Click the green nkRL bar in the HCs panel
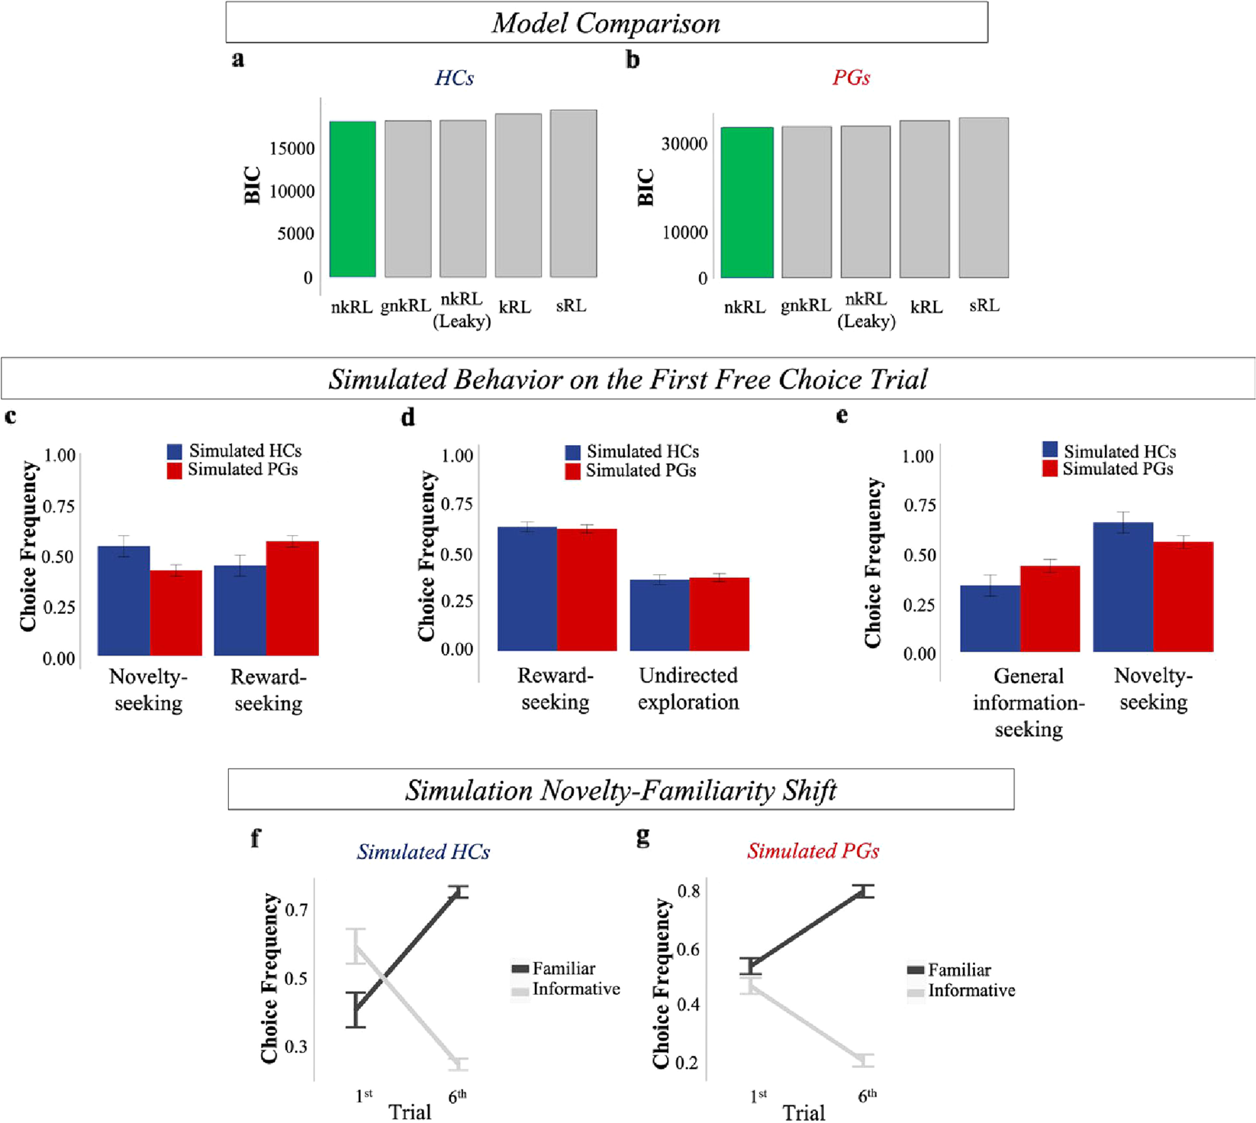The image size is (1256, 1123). (353, 199)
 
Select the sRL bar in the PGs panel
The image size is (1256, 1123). (984, 198)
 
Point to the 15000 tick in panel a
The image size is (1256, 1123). (291, 149)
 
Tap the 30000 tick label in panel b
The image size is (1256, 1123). (684, 144)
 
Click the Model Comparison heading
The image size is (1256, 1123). (606, 23)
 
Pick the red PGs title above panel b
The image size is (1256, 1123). (851, 78)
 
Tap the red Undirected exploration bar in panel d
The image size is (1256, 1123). (719, 615)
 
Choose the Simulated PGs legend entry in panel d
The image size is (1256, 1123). (640, 471)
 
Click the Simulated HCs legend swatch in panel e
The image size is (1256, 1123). (1051, 450)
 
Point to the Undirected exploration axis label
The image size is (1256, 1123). (688, 689)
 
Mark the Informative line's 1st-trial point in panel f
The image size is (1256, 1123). (356, 946)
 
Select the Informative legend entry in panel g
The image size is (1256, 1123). (971, 991)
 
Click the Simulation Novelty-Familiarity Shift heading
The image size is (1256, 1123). (620, 790)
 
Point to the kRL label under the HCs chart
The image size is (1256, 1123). (515, 307)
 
